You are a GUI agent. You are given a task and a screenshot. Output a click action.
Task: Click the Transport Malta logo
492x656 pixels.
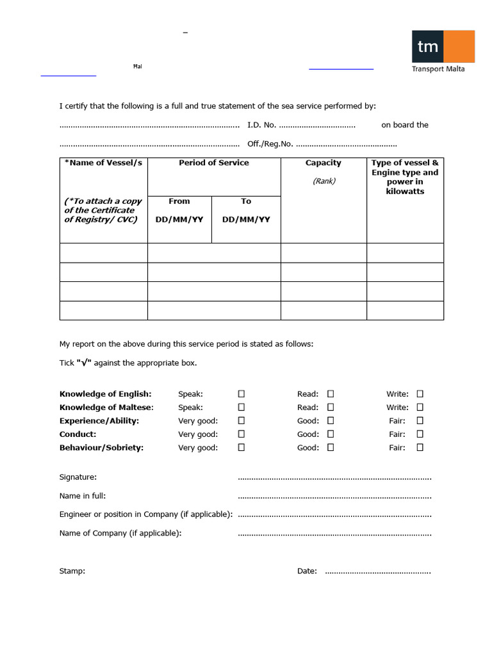coord(443,51)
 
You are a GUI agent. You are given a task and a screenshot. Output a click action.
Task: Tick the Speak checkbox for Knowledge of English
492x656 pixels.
coord(242,394)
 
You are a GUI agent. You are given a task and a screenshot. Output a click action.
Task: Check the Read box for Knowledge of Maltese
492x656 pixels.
coord(331,407)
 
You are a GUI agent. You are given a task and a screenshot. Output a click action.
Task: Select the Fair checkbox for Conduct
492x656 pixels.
coord(420,434)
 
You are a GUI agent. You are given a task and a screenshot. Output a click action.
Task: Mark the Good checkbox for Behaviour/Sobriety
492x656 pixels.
coord(331,448)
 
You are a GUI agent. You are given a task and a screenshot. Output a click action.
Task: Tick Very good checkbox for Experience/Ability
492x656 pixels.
coord(242,421)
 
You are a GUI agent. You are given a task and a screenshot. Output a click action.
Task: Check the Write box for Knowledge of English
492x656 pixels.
coord(420,394)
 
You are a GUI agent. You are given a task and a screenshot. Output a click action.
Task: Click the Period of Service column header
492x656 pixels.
coord(214,163)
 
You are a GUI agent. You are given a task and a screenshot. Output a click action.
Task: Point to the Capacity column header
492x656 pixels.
coord(324,163)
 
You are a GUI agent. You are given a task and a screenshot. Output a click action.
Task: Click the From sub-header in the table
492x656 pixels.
coord(179,201)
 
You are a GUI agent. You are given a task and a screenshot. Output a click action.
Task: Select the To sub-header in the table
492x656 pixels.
coord(246,201)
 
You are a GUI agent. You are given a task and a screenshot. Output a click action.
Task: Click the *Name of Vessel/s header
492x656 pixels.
coord(103,163)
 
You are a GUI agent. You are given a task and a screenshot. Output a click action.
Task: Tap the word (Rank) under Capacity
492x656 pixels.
coord(324,181)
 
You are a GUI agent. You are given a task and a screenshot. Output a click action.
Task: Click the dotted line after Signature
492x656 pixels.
coord(334,478)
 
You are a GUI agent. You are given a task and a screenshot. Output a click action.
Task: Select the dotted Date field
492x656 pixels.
coord(378,571)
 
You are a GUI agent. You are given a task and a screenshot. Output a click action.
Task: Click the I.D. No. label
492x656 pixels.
coord(262,125)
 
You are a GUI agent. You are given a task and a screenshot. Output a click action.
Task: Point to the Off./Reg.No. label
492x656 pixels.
coord(270,144)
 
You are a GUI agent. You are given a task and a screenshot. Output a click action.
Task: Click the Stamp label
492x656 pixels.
coord(72,571)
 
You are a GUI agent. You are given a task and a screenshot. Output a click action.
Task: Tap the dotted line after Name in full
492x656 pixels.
coord(334,496)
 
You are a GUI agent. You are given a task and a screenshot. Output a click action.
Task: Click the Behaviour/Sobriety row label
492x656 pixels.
coord(101,448)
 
